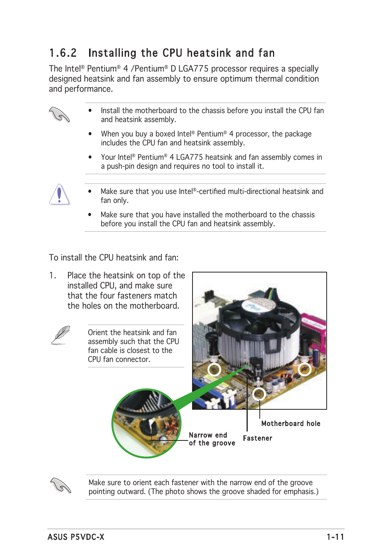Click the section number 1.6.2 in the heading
click(63, 53)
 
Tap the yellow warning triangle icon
click(59, 194)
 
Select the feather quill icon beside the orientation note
click(60, 335)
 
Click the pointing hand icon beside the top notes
click(59, 115)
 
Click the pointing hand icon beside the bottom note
click(60, 486)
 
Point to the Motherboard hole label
click(290, 424)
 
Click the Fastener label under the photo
click(257, 438)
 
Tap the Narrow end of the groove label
click(212, 439)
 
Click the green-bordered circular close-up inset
click(147, 423)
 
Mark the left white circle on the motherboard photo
click(214, 369)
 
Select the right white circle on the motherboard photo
click(304, 369)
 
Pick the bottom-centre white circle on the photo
click(259, 394)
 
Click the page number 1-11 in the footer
click(335, 537)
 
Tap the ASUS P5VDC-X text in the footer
click(76, 537)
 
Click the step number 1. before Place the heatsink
click(53, 276)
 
